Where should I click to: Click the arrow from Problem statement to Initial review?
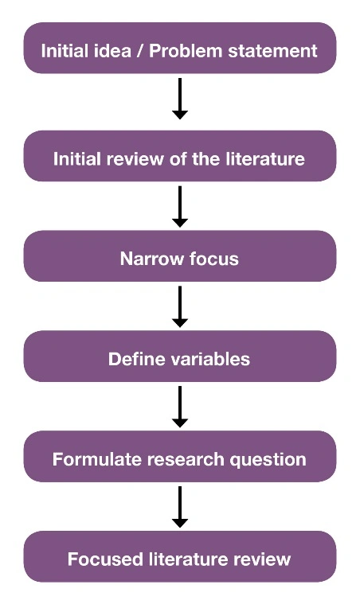180,99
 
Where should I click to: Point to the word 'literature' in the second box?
268,159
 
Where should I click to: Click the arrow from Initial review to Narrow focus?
180,206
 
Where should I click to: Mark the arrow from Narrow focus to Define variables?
180,306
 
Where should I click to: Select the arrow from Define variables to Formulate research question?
180,407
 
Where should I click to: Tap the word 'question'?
268,460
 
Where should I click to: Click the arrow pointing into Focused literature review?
180,507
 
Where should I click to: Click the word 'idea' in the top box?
112,51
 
